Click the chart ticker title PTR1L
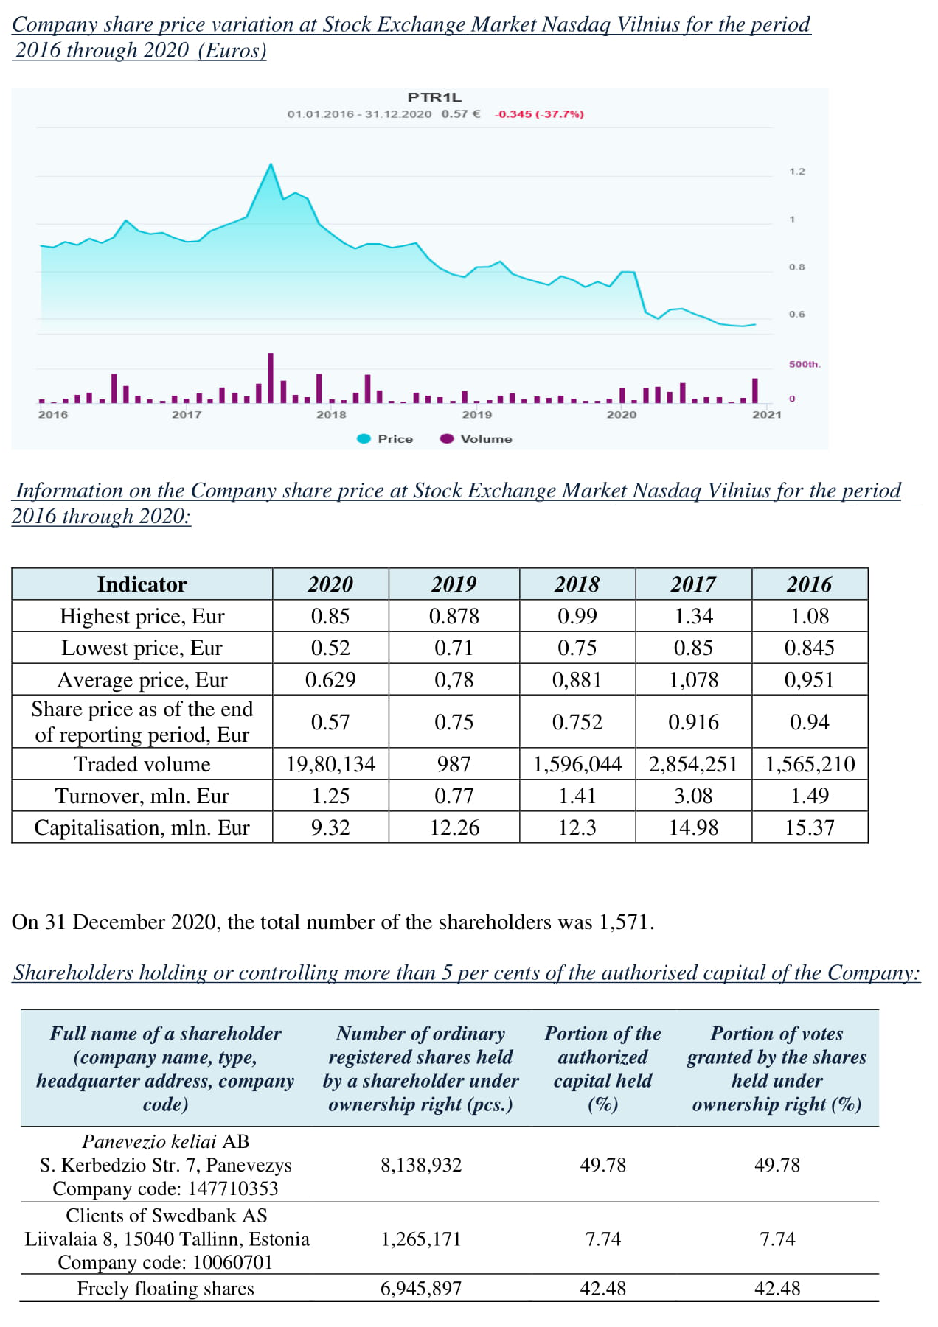tap(435, 97)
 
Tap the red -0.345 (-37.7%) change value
tap(539, 114)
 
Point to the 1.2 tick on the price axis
tap(797, 172)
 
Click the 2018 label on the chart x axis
tap(331, 415)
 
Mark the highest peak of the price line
tap(271, 164)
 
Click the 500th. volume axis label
tap(805, 365)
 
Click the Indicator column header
tap(142, 584)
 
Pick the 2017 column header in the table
tap(693, 584)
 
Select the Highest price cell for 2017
tap(693, 616)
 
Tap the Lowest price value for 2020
tap(330, 648)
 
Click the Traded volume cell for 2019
tap(454, 764)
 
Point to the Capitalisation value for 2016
tap(810, 827)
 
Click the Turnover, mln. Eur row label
tap(142, 796)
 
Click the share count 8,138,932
tap(421, 1165)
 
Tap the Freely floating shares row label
tap(165, 1289)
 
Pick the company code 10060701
tap(233, 1262)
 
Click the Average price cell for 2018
tap(577, 679)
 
